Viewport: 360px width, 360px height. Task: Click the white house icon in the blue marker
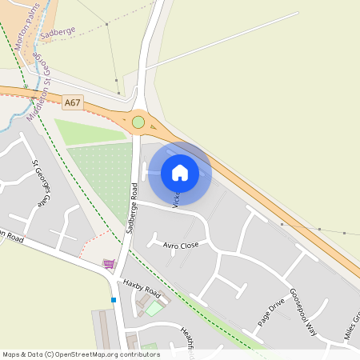click(x=180, y=172)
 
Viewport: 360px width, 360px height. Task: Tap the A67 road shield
click(x=73, y=102)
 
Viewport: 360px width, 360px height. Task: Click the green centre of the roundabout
click(x=138, y=122)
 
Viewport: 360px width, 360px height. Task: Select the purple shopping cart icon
click(x=108, y=263)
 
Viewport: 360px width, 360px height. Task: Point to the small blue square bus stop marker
click(x=114, y=300)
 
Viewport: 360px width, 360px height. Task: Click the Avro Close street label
click(x=180, y=246)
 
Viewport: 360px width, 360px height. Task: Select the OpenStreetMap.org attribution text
click(x=80, y=354)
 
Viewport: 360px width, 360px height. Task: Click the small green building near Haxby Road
click(x=153, y=308)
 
